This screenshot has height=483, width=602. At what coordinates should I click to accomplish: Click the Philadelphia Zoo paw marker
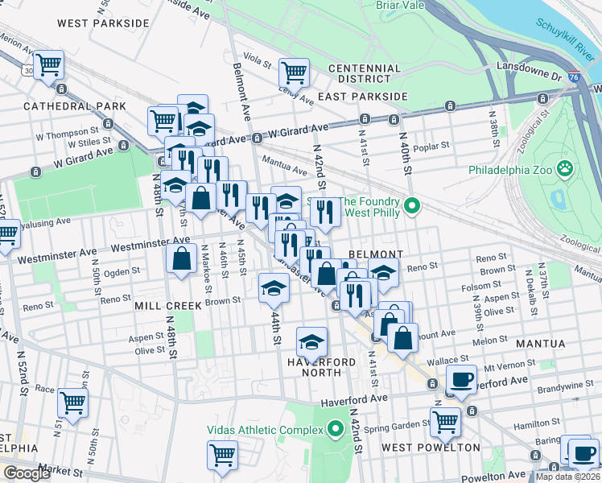(x=567, y=170)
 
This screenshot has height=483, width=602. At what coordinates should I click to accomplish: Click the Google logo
(x=27, y=473)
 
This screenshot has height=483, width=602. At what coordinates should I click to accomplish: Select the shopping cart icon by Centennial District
(x=295, y=72)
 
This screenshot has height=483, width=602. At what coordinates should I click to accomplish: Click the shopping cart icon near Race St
(x=73, y=399)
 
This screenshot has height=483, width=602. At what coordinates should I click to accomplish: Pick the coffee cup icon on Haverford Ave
(x=461, y=378)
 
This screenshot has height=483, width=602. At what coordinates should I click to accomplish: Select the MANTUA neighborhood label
(x=541, y=344)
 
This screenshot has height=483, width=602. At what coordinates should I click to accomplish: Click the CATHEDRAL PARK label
(x=75, y=106)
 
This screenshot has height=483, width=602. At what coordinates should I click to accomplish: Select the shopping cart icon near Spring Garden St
(x=445, y=419)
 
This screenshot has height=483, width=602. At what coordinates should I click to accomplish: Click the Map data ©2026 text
(x=567, y=477)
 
